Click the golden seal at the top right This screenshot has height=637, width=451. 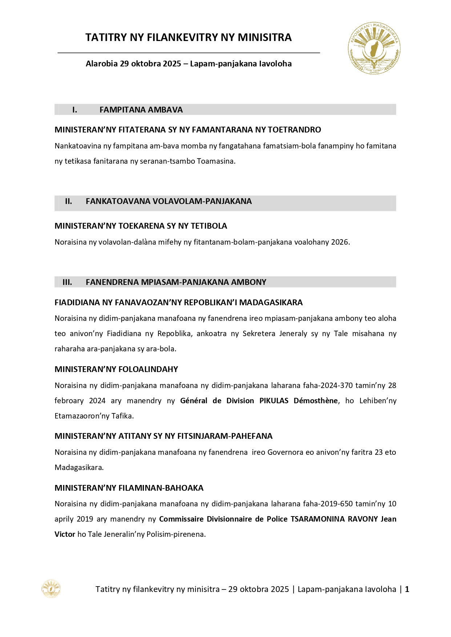click(374, 48)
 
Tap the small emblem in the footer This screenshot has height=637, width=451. click(51, 589)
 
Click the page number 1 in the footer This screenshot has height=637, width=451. click(407, 589)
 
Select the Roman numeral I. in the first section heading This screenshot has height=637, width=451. click(75, 110)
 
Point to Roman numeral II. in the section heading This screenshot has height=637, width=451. click(68, 201)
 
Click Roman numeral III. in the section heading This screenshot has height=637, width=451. click(67, 282)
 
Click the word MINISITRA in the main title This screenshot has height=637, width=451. click(265, 37)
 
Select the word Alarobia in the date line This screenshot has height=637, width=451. click(101, 64)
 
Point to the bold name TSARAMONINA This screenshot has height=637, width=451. click(317, 519)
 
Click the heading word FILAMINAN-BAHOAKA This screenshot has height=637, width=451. click(161, 488)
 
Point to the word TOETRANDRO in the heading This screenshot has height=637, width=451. click(294, 130)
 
